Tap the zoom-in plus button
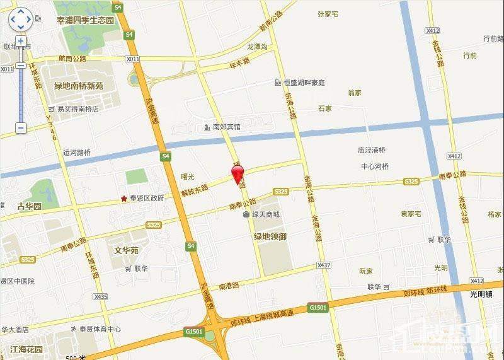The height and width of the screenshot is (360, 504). click(21, 40)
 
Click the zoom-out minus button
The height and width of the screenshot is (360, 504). click(21, 128)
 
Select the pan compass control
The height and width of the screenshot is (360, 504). click(21, 20)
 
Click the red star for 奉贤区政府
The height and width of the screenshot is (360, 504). click(123, 199)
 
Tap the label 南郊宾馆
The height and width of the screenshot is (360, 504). click(226, 127)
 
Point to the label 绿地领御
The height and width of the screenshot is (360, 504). click(270, 236)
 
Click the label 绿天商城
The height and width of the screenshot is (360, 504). click(265, 214)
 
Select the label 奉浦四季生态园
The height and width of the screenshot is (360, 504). click(86, 20)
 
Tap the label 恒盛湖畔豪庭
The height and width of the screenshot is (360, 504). click(304, 83)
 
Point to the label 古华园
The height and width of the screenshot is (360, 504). click(29, 206)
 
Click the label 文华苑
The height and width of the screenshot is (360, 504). click(126, 250)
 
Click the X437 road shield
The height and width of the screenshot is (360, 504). click(324, 265)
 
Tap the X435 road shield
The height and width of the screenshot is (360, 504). click(100, 296)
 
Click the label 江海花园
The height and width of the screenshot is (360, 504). click(26, 349)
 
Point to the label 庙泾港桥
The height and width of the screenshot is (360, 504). click(371, 150)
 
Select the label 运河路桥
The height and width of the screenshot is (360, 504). click(77, 152)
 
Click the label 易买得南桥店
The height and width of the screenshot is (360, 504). click(77, 109)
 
